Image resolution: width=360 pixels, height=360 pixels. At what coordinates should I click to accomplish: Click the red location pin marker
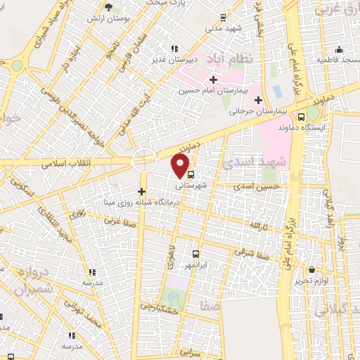(181, 166)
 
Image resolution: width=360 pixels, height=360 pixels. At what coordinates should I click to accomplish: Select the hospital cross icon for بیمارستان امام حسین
(213, 79)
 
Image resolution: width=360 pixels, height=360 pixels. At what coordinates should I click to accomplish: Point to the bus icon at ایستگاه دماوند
(301, 117)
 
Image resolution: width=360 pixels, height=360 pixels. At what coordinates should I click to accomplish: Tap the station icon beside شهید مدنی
(223, 17)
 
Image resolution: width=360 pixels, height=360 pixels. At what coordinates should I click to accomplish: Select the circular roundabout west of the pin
(145, 160)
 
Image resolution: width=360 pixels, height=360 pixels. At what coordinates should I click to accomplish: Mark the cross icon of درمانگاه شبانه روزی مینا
(141, 191)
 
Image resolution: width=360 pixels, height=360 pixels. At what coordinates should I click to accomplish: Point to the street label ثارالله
(259, 225)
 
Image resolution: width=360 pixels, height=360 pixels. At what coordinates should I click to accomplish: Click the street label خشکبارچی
(156, 307)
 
